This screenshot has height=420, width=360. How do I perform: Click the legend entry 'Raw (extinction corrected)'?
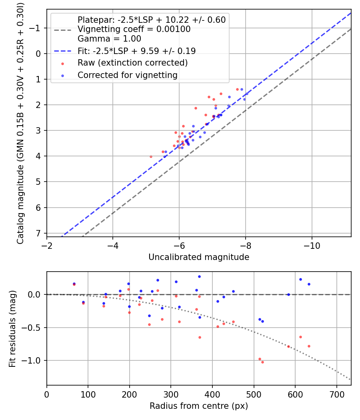coord(132,63)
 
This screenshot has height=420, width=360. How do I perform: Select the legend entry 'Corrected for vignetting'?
coord(127,75)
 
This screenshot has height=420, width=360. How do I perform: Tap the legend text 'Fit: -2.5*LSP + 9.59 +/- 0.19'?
coord(136,51)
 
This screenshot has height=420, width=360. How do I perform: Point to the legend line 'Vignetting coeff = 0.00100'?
coord(134,29)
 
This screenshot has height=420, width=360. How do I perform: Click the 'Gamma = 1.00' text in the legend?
coord(109,39)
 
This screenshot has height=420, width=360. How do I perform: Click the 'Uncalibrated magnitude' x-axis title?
coord(199,257)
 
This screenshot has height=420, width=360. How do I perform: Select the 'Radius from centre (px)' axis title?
coord(199,406)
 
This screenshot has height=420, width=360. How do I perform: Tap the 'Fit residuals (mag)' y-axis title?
coord(12,328)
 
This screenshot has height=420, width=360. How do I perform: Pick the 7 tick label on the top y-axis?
coord(39,233)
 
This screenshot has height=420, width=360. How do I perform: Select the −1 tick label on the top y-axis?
coord(36,28)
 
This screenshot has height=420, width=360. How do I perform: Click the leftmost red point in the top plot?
coord(151,156)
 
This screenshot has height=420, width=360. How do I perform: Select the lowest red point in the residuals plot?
coord(262,362)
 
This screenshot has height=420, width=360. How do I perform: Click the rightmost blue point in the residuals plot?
coord(309,284)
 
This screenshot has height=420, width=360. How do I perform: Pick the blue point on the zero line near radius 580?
coord(288,294)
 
